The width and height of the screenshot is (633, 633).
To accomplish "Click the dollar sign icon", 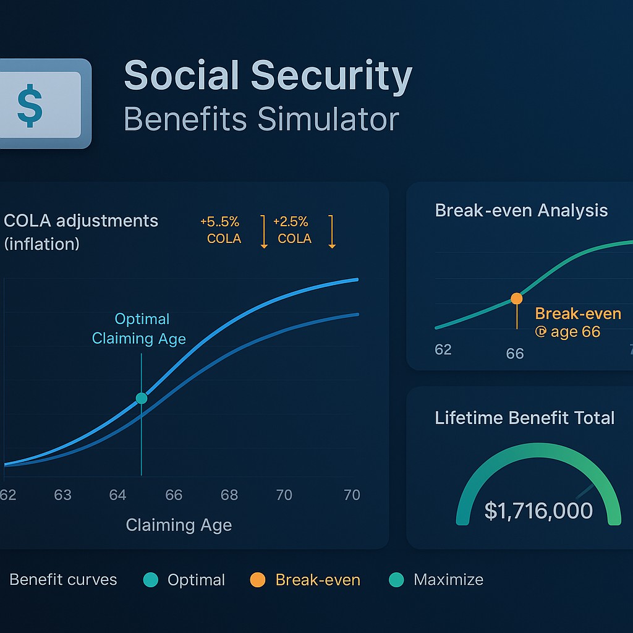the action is coord(30,105).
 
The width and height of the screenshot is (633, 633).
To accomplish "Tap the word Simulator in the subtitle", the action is coord(328,119).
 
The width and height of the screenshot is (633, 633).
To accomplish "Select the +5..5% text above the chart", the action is coord(219,222).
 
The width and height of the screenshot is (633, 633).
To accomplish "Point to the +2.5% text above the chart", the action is coord(291,222).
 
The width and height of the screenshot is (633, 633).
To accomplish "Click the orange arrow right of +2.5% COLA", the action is coord(332,232).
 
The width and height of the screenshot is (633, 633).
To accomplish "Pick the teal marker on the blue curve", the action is coord(142,399).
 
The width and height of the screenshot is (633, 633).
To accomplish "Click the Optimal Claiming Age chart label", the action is coord(139,329).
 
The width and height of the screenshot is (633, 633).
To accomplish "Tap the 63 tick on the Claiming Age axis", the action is coord(62,495).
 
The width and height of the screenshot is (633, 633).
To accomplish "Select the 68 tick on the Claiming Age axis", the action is coord(229,495).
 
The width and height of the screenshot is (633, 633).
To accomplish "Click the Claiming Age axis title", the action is coord(179,525).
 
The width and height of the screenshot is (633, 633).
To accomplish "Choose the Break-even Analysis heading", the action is coord(521,210).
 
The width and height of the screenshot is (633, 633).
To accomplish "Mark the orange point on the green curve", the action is coord(517,299).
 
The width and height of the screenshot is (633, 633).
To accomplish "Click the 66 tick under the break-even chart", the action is coord(515,354).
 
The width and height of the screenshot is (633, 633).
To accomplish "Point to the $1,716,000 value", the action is coord(538,511).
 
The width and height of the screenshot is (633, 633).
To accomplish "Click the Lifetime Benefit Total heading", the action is coord(524,418).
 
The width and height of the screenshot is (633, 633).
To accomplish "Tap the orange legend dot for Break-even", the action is coord(258,580).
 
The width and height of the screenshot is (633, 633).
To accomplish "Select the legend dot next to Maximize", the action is coord(396,580).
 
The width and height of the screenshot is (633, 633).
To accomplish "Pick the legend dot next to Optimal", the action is coord(151,580).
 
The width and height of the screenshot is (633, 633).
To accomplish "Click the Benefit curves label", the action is coord(64,580).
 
